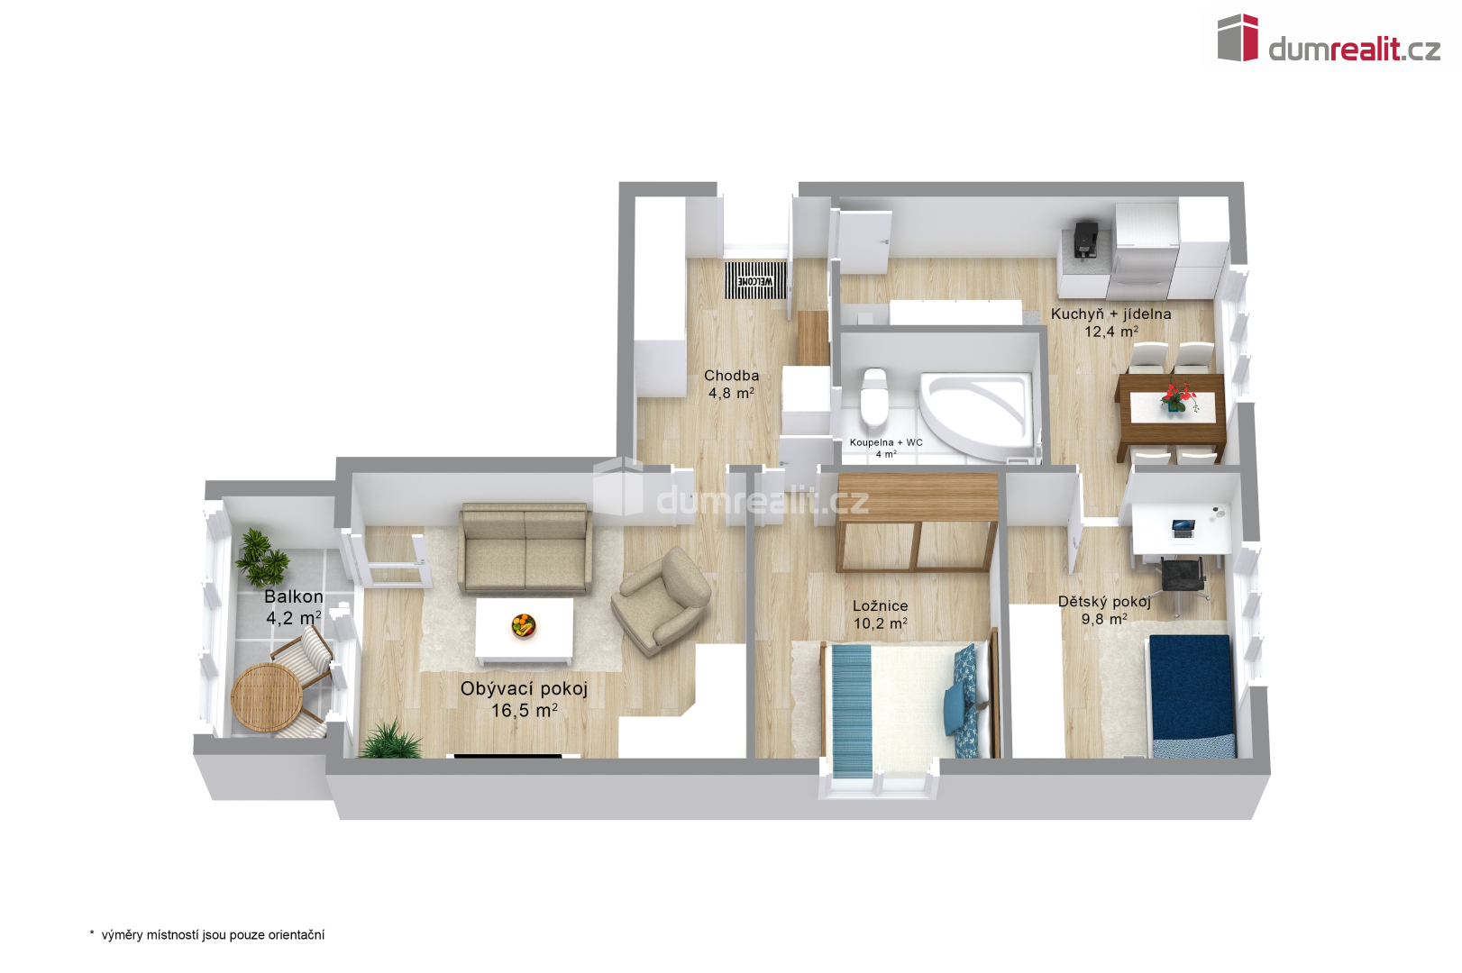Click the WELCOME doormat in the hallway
click(x=755, y=280)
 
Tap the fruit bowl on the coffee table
click(x=524, y=625)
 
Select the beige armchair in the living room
click(x=661, y=600)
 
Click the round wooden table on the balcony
click(x=267, y=697)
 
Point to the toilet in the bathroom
click(x=874, y=396)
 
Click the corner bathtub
click(x=976, y=415)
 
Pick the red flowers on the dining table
click(x=1178, y=396)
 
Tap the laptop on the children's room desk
click(x=1183, y=528)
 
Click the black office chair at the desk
click(x=1183, y=583)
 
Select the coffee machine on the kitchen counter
click(x=1085, y=240)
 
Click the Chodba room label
click(x=731, y=375)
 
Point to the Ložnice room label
click(x=880, y=605)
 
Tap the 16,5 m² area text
click(x=524, y=710)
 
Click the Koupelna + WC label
click(x=886, y=442)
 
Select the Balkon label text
click(x=294, y=596)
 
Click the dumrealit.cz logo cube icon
click(x=1238, y=38)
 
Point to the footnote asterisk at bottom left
click(x=92, y=933)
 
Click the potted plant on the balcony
click(x=261, y=558)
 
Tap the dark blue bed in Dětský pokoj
click(x=1192, y=696)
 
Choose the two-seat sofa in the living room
click(x=525, y=548)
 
